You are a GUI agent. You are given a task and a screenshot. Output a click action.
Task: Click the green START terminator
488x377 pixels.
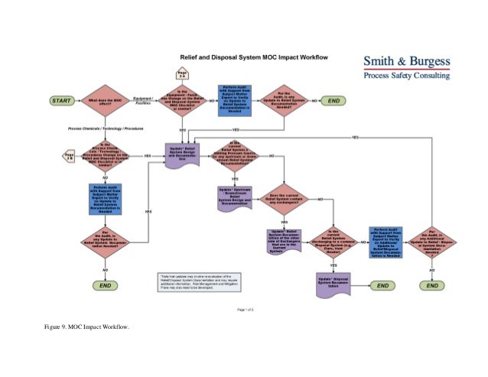(63, 101)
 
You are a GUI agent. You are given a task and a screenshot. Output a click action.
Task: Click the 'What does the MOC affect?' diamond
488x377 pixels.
(106, 101)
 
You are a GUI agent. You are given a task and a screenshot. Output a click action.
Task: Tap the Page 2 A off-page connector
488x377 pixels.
(182, 74)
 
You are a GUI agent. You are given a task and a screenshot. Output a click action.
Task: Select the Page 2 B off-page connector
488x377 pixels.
(69, 155)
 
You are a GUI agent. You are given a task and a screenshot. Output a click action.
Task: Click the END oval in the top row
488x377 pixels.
(334, 100)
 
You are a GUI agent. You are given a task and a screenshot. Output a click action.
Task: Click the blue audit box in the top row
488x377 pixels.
(236, 100)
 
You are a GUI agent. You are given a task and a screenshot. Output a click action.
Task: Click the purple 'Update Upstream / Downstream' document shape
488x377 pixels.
(236, 197)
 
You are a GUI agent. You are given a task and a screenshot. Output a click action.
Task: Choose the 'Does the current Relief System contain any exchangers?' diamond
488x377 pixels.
(283, 200)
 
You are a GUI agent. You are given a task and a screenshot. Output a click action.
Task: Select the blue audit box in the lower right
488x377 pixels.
(386, 242)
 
